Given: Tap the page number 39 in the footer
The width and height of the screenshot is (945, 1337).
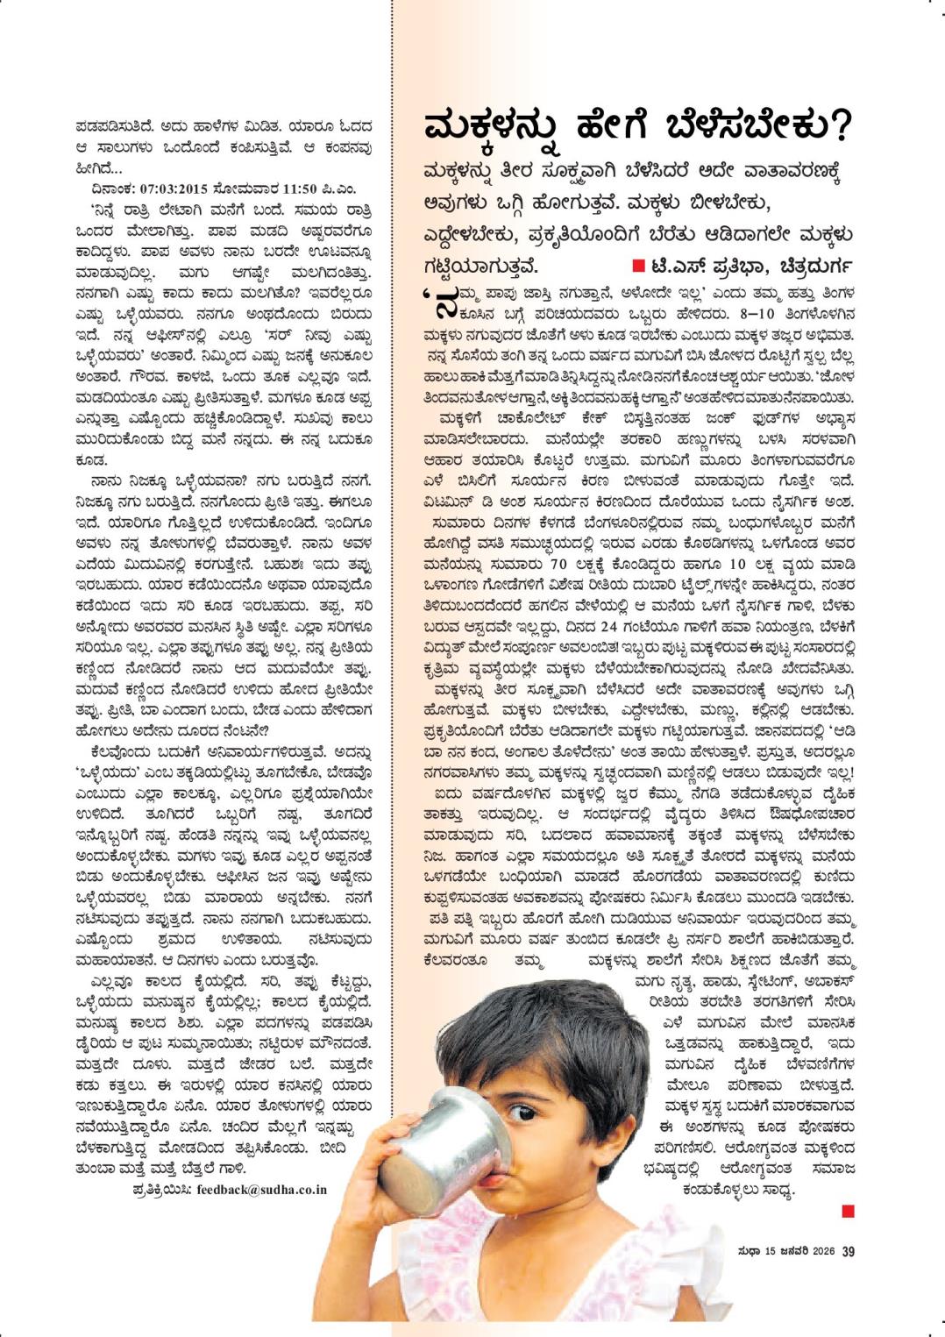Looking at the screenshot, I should (848, 1251).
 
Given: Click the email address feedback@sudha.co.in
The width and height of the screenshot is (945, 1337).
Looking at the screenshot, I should (261, 1190).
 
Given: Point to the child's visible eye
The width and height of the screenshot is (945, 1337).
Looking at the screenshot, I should (521, 1113).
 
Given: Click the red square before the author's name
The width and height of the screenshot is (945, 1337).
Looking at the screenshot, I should (638, 265).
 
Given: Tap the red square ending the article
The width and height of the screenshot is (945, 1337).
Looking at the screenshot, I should (847, 1212).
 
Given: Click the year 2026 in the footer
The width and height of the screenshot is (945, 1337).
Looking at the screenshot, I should (821, 1251).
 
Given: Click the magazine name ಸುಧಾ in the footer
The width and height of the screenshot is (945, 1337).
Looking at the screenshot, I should (748, 1251).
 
